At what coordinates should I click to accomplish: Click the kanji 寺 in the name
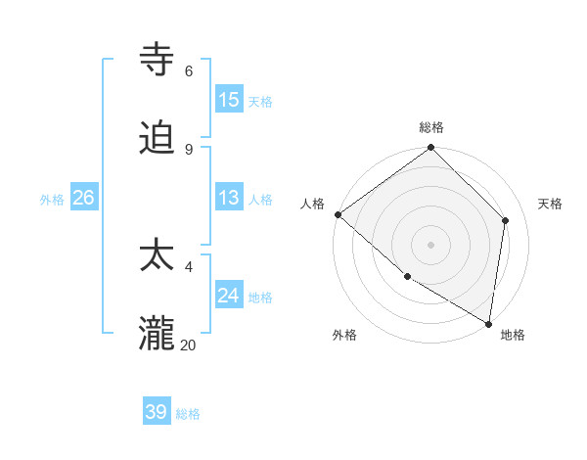click(x=158, y=60)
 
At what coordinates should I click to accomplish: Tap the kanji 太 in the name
click(x=158, y=255)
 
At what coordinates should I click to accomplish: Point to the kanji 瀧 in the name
click(x=158, y=334)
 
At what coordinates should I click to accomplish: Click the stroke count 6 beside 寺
click(x=188, y=71)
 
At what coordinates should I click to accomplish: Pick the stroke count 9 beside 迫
click(x=188, y=150)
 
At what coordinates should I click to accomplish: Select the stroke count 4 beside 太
click(x=188, y=266)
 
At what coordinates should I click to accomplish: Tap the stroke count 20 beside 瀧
click(x=189, y=345)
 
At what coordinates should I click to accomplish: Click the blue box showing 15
click(x=229, y=100)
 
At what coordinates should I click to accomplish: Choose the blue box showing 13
click(x=229, y=198)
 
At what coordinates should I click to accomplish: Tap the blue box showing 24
click(x=229, y=296)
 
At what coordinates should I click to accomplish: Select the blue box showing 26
click(x=83, y=198)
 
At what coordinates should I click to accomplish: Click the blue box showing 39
click(x=157, y=412)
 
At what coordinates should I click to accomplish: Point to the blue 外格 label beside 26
click(x=52, y=200)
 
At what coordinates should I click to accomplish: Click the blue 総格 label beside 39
click(x=188, y=414)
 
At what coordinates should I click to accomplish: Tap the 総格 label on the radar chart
click(x=431, y=127)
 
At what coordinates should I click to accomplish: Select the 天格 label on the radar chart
click(x=550, y=204)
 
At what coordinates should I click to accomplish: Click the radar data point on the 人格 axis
click(x=338, y=214)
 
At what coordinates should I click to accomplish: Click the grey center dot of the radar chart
click(x=431, y=244)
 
